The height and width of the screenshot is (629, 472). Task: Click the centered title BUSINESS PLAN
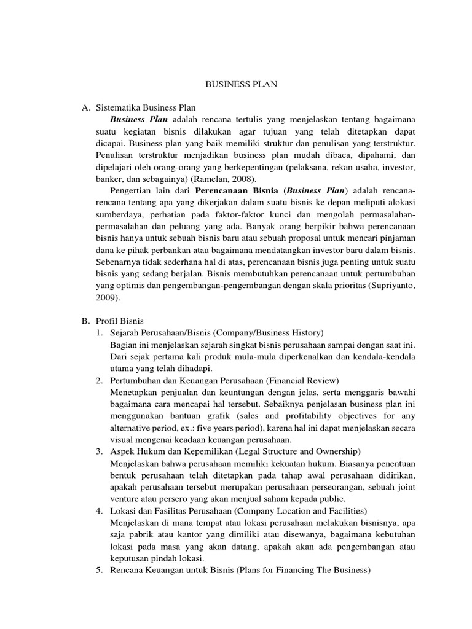242,85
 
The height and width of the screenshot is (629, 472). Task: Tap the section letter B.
85,321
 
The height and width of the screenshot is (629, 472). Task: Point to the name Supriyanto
388,286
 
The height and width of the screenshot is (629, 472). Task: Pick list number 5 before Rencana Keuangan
99,569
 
